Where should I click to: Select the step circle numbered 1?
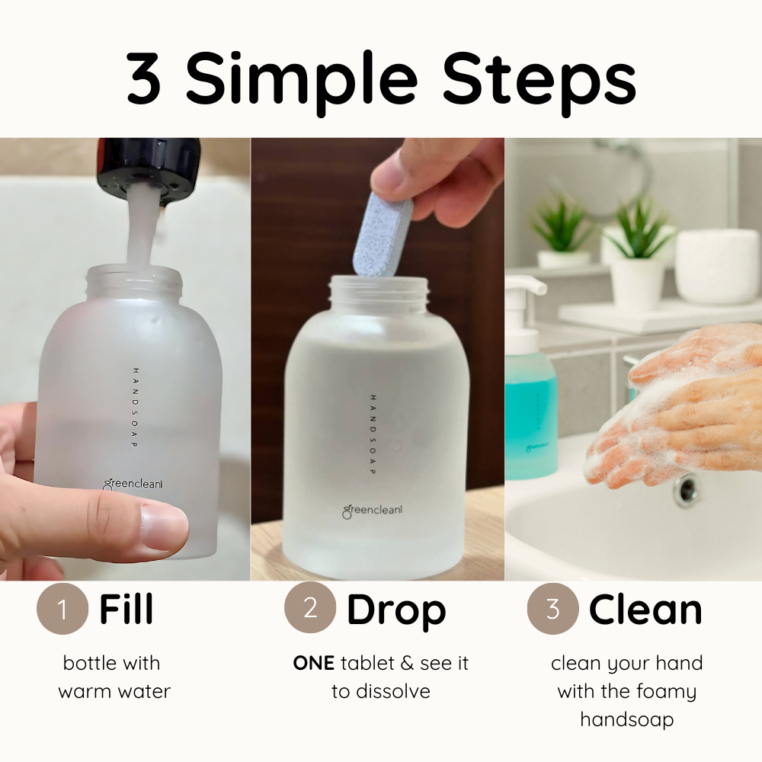click(x=62, y=608)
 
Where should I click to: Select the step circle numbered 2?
click(x=310, y=607)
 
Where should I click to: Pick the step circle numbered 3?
click(x=553, y=608)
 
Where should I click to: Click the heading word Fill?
click(x=126, y=608)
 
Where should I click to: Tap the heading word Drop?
click(x=396, y=612)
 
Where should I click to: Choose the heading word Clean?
click(x=645, y=608)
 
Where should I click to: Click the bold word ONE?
click(x=313, y=664)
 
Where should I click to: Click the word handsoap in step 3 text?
click(x=627, y=719)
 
